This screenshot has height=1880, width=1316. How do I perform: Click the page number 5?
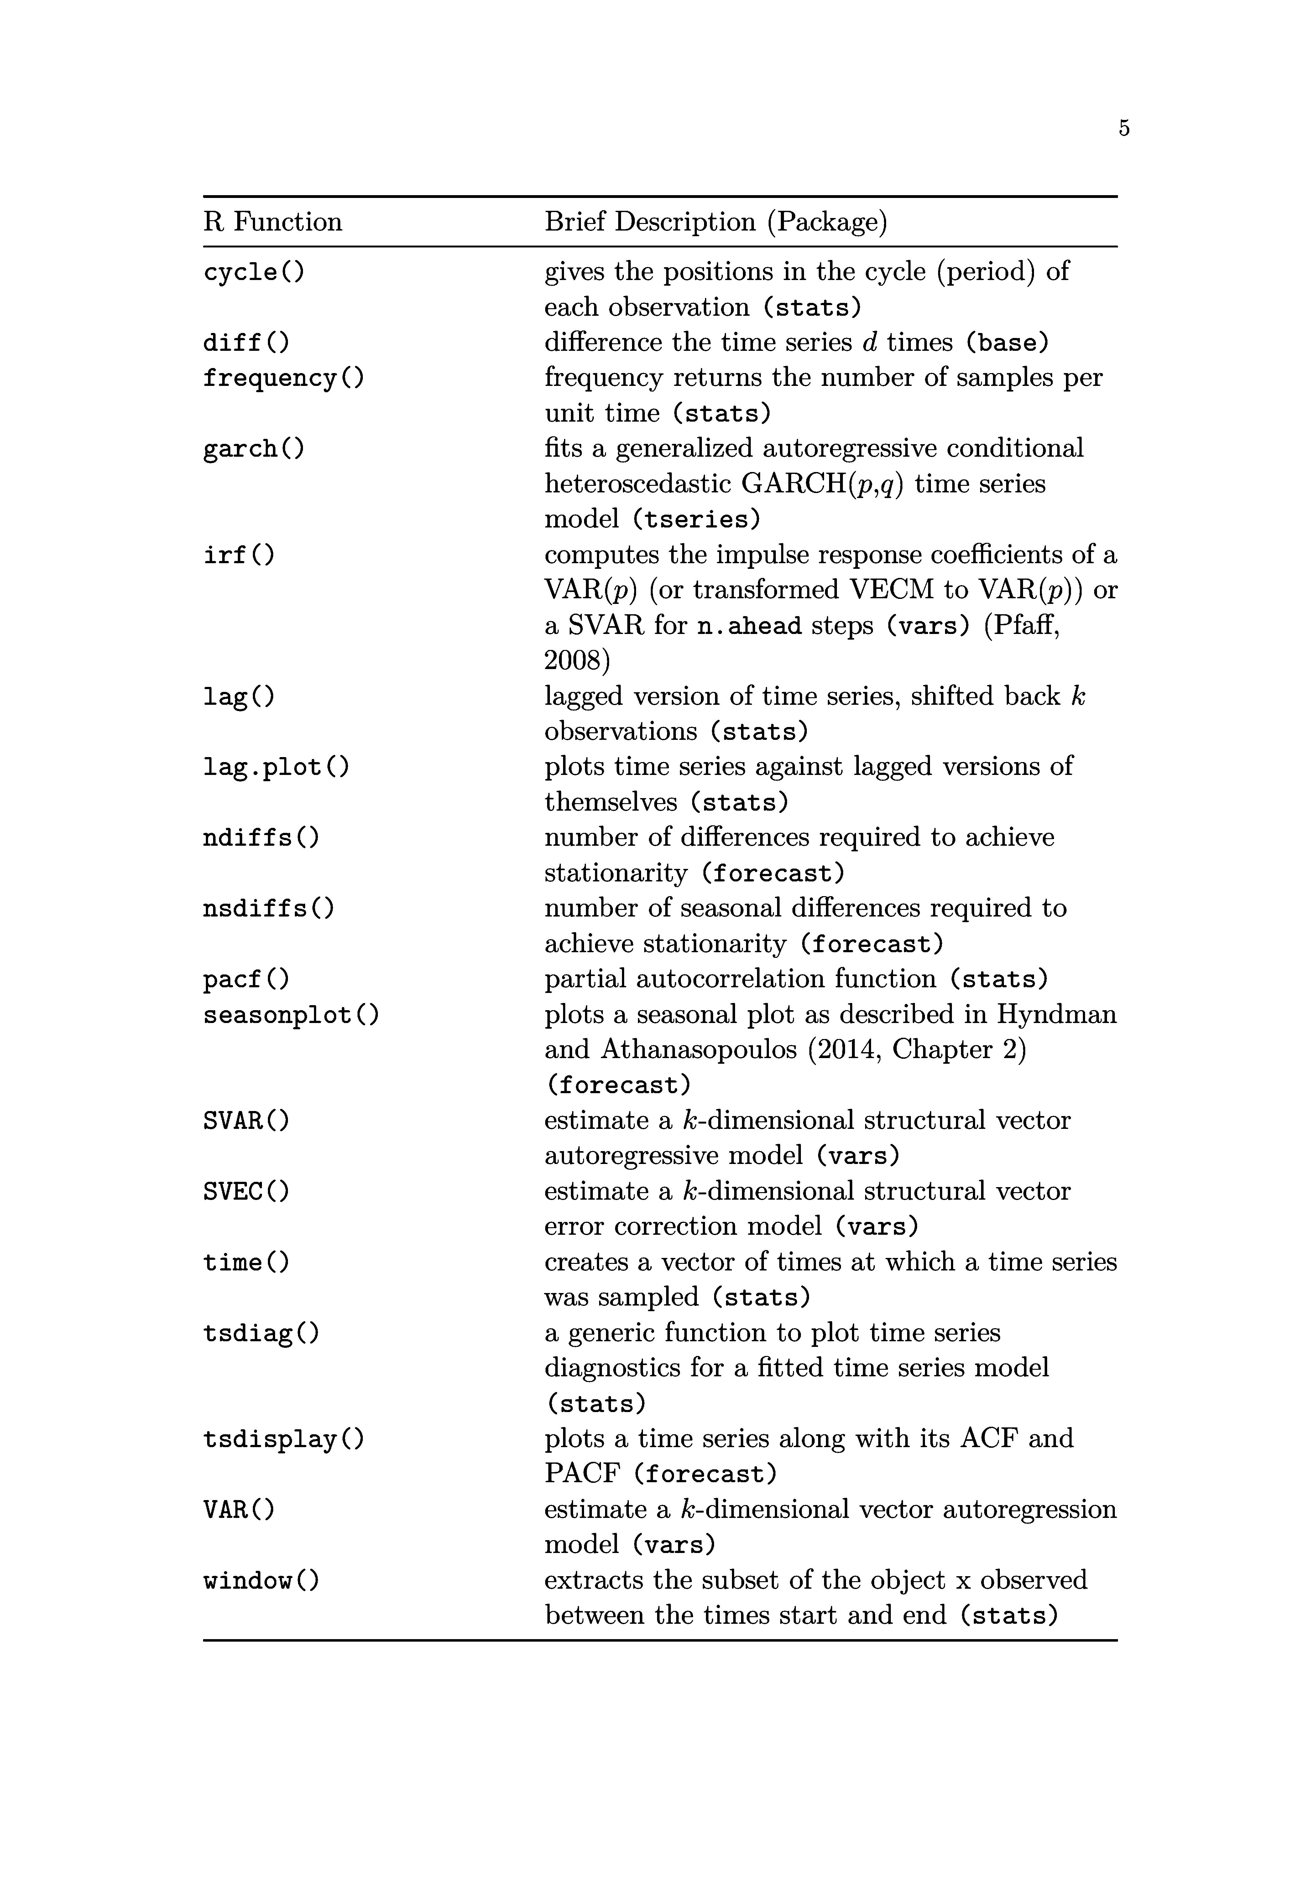pyautogui.click(x=1124, y=128)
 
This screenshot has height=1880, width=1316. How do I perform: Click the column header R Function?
pyautogui.click(x=273, y=222)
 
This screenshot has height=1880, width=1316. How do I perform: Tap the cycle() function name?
pyautogui.click(x=254, y=272)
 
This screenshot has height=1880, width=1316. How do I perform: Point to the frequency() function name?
pyautogui.click(x=283, y=378)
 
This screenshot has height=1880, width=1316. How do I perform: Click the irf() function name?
pyautogui.click(x=239, y=555)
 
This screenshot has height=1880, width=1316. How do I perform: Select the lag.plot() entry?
pyautogui.click(x=276, y=767)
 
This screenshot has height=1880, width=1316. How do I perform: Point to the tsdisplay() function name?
pyautogui.click(x=283, y=1439)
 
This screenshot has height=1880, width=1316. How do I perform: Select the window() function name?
pyautogui.click(x=261, y=1580)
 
